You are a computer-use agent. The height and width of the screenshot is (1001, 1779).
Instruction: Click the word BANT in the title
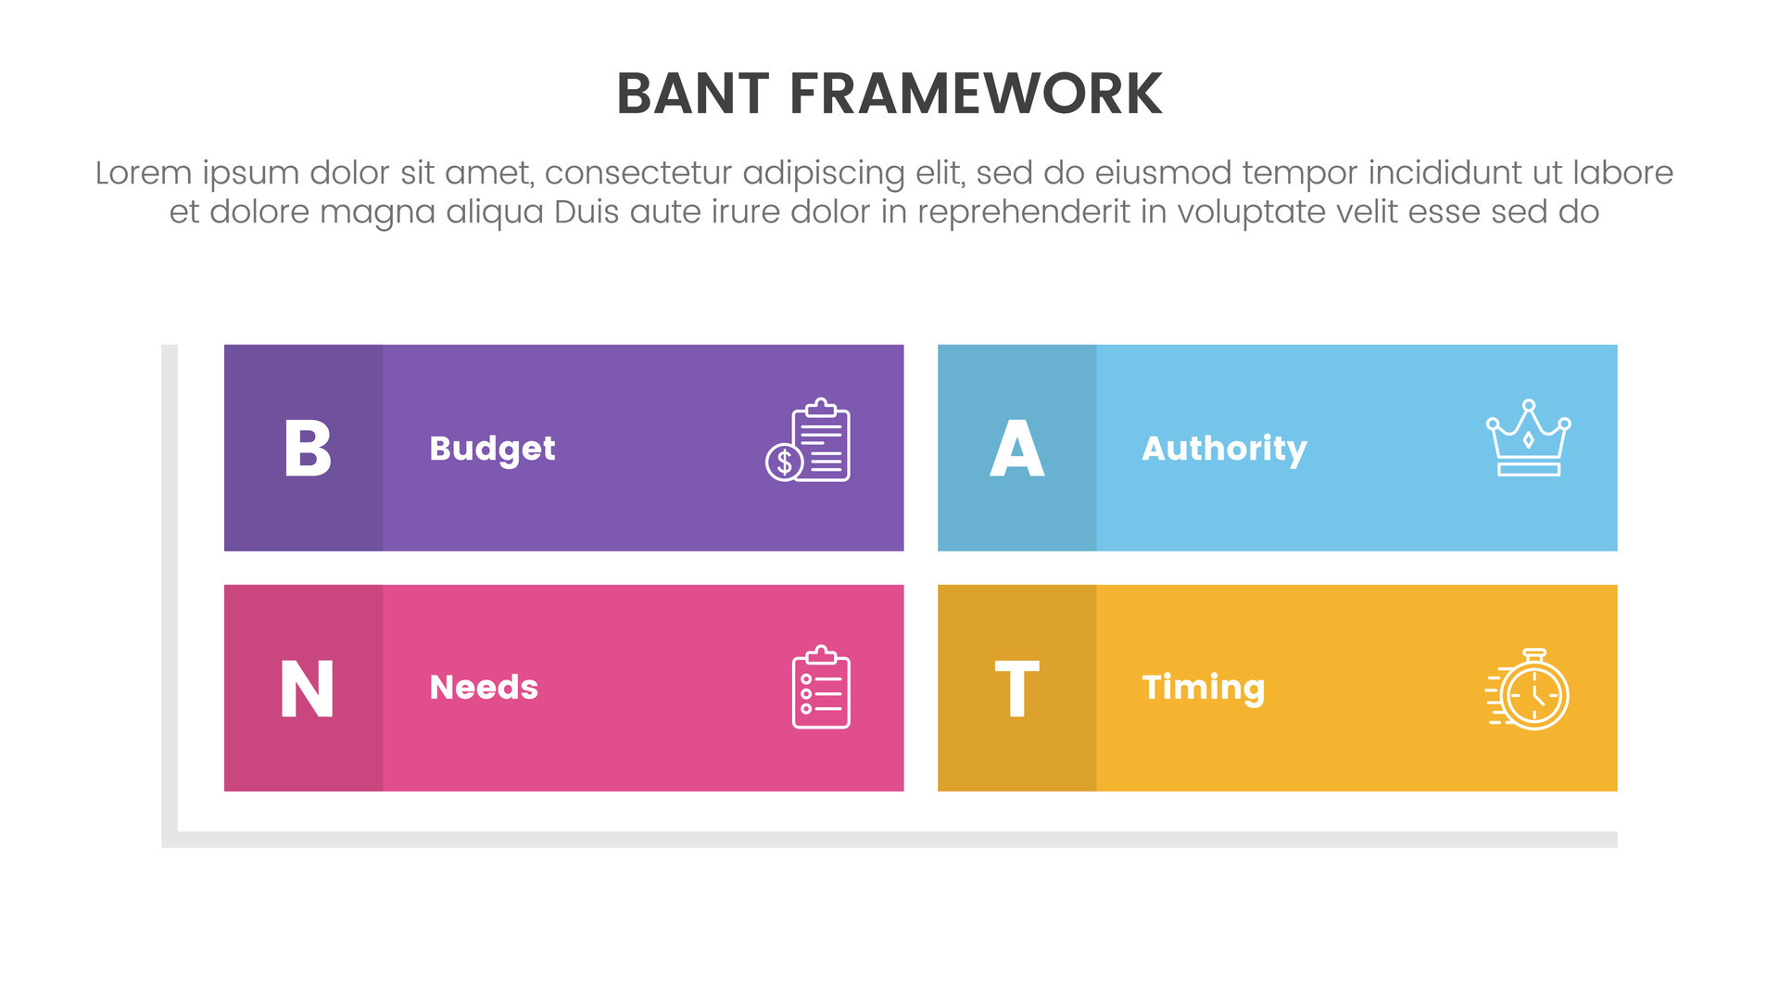[693, 94]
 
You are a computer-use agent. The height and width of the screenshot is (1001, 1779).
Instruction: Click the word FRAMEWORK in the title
[976, 94]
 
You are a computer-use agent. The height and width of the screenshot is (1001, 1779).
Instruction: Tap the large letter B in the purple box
[307, 449]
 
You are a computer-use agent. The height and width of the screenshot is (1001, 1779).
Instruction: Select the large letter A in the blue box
[1017, 449]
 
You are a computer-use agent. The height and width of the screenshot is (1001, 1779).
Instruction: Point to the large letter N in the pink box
[307, 689]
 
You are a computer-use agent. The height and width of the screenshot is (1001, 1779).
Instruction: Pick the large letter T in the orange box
[1017, 689]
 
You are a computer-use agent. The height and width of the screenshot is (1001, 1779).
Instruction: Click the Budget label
[492, 450]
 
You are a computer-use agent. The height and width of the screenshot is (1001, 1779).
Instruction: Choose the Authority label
[1224, 450]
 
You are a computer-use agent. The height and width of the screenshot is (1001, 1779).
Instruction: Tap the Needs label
[484, 688]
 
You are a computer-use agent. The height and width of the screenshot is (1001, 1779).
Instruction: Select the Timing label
[1204, 688]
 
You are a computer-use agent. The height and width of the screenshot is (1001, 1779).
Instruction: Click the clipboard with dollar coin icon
[808, 440]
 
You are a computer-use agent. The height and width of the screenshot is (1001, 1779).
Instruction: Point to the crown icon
[1528, 437]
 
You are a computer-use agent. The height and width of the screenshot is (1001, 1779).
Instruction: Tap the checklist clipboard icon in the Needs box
[821, 687]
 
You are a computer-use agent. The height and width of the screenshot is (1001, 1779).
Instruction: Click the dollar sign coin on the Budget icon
[784, 462]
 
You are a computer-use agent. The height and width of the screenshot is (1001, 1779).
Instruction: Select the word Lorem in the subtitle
[144, 173]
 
